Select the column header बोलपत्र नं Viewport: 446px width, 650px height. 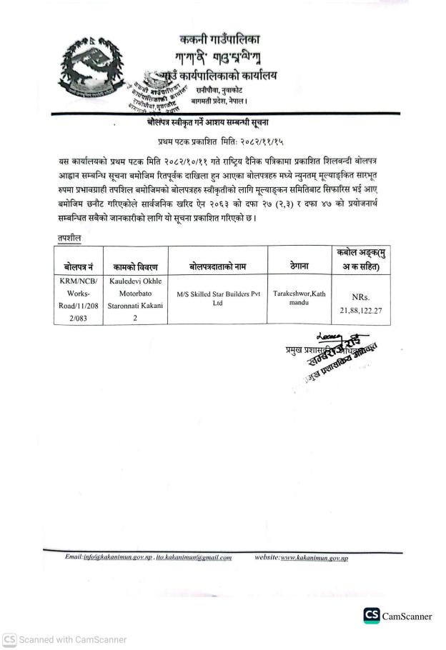(x=77, y=266)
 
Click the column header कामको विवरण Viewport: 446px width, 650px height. (x=134, y=266)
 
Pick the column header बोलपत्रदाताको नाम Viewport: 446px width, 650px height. (x=217, y=266)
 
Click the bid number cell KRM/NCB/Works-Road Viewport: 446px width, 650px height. (x=77, y=300)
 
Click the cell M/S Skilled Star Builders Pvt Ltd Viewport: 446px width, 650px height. (x=217, y=298)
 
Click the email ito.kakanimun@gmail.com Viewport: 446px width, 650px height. (x=196, y=557)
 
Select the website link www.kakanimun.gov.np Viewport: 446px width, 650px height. (x=314, y=557)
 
